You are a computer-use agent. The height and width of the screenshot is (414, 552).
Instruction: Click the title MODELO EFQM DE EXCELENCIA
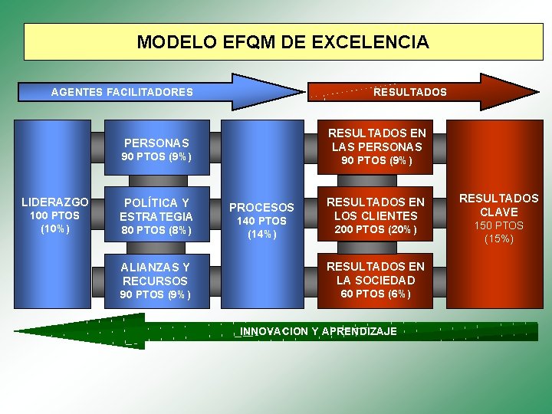(283, 41)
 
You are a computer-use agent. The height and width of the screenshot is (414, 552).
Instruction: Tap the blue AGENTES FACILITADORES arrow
(123, 92)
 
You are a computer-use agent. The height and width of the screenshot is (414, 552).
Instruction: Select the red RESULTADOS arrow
(409, 92)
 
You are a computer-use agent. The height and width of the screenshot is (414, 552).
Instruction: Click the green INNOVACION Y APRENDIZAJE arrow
(317, 331)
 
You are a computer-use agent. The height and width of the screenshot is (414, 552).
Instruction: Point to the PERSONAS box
(156, 143)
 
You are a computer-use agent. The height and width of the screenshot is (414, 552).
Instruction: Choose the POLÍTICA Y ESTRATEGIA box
(156, 209)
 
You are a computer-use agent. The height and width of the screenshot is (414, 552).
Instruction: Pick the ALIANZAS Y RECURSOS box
(156, 274)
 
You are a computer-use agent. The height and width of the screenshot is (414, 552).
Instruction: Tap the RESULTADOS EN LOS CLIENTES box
(376, 208)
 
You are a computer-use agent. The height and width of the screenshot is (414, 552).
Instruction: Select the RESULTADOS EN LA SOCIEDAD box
(376, 273)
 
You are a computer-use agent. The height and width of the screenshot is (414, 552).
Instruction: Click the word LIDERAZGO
(55, 202)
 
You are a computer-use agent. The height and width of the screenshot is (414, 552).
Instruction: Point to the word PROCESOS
(261, 207)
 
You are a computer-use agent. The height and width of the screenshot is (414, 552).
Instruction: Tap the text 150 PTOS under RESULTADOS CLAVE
(499, 225)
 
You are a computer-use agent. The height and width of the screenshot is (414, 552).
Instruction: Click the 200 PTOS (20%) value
(376, 230)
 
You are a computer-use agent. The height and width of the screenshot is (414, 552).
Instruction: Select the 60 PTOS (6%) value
(376, 294)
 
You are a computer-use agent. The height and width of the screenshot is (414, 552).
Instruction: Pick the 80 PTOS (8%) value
(156, 230)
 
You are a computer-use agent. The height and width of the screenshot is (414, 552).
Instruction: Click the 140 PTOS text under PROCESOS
(261, 221)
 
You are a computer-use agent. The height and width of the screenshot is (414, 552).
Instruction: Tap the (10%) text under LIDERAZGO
(55, 228)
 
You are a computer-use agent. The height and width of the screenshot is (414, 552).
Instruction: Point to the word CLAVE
(499, 212)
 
